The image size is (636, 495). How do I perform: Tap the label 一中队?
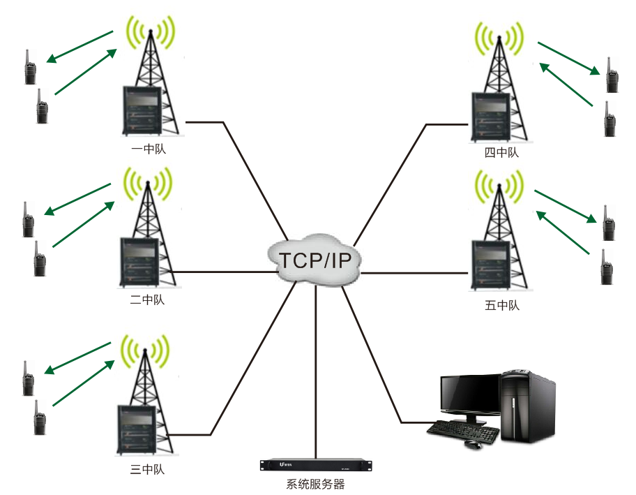pyautogui.click(x=148, y=149)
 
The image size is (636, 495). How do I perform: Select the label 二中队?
pyautogui.click(x=146, y=300)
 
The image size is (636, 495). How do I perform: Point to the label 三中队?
pyautogui.click(x=147, y=469)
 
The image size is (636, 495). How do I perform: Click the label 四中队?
pyautogui.click(x=501, y=152)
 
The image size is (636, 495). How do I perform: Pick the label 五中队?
pyautogui.click(x=501, y=305)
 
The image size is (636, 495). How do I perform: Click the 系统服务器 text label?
pyautogui.click(x=315, y=484)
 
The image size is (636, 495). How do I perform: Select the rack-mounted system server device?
pyautogui.click(x=315, y=464)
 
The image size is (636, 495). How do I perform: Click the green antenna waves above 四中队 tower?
pyautogui.click(x=500, y=38)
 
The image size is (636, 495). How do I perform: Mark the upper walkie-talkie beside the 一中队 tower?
pyautogui.click(x=30, y=68)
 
